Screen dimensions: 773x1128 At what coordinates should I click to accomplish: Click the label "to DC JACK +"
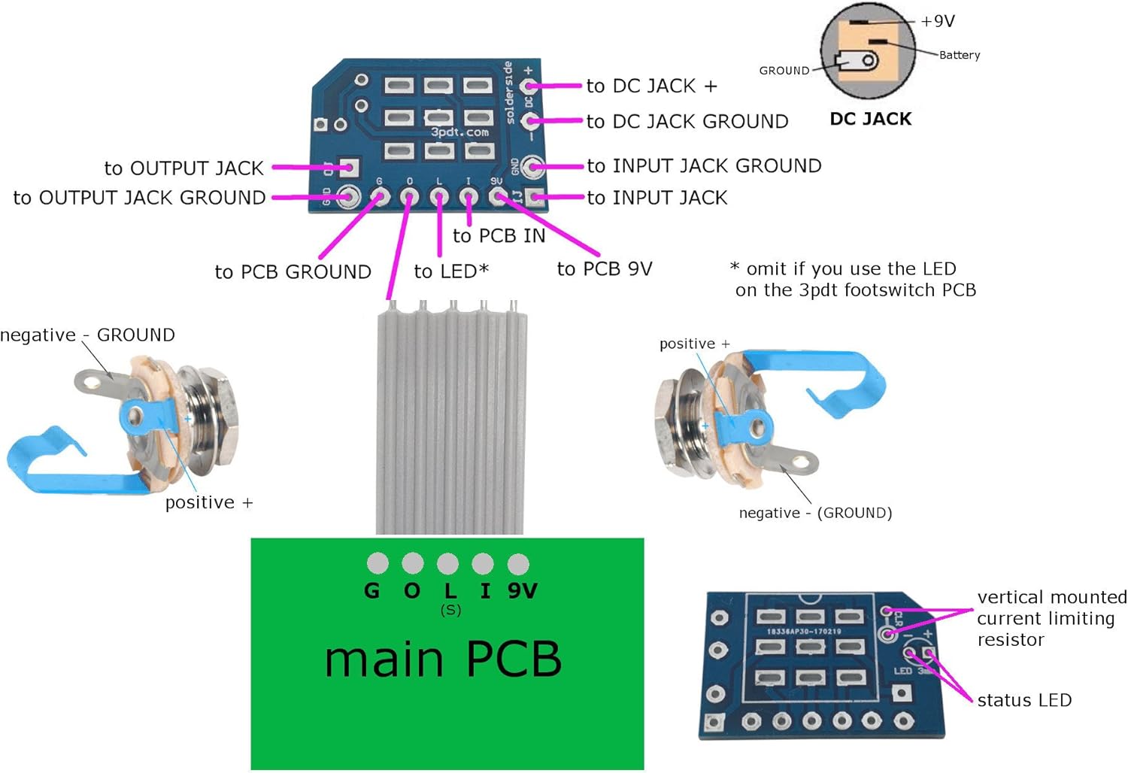click(x=651, y=86)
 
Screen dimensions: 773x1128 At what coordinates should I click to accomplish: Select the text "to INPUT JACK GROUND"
click(x=704, y=166)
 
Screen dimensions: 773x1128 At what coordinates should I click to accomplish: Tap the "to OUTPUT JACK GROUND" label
click(x=139, y=198)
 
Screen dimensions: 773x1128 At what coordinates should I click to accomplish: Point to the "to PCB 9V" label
click(x=605, y=269)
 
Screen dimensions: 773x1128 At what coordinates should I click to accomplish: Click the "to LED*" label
click(x=451, y=271)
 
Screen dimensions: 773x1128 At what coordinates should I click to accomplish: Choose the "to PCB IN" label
click(x=499, y=236)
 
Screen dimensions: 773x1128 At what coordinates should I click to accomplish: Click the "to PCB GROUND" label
click(x=293, y=272)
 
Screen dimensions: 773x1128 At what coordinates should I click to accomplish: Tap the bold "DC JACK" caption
click(x=870, y=120)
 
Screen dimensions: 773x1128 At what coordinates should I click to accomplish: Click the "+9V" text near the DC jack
click(x=938, y=22)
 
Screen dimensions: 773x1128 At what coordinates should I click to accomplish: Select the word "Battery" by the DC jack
click(x=960, y=55)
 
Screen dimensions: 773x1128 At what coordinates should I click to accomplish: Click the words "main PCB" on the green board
click(x=443, y=659)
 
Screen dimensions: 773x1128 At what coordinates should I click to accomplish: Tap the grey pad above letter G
click(x=378, y=563)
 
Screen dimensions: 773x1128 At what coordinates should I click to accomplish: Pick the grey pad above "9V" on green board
click(x=518, y=563)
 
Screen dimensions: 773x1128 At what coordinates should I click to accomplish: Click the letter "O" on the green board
click(x=412, y=591)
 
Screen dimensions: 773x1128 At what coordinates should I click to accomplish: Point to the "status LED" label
click(x=1024, y=701)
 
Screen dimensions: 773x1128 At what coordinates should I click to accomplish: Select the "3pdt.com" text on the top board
click(x=459, y=132)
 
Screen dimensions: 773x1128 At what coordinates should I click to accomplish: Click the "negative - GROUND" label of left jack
click(x=88, y=335)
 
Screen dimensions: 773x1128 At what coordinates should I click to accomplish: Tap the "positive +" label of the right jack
click(x=694, y=344)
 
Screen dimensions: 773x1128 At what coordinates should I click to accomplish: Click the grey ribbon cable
click(x=450, y=421)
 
